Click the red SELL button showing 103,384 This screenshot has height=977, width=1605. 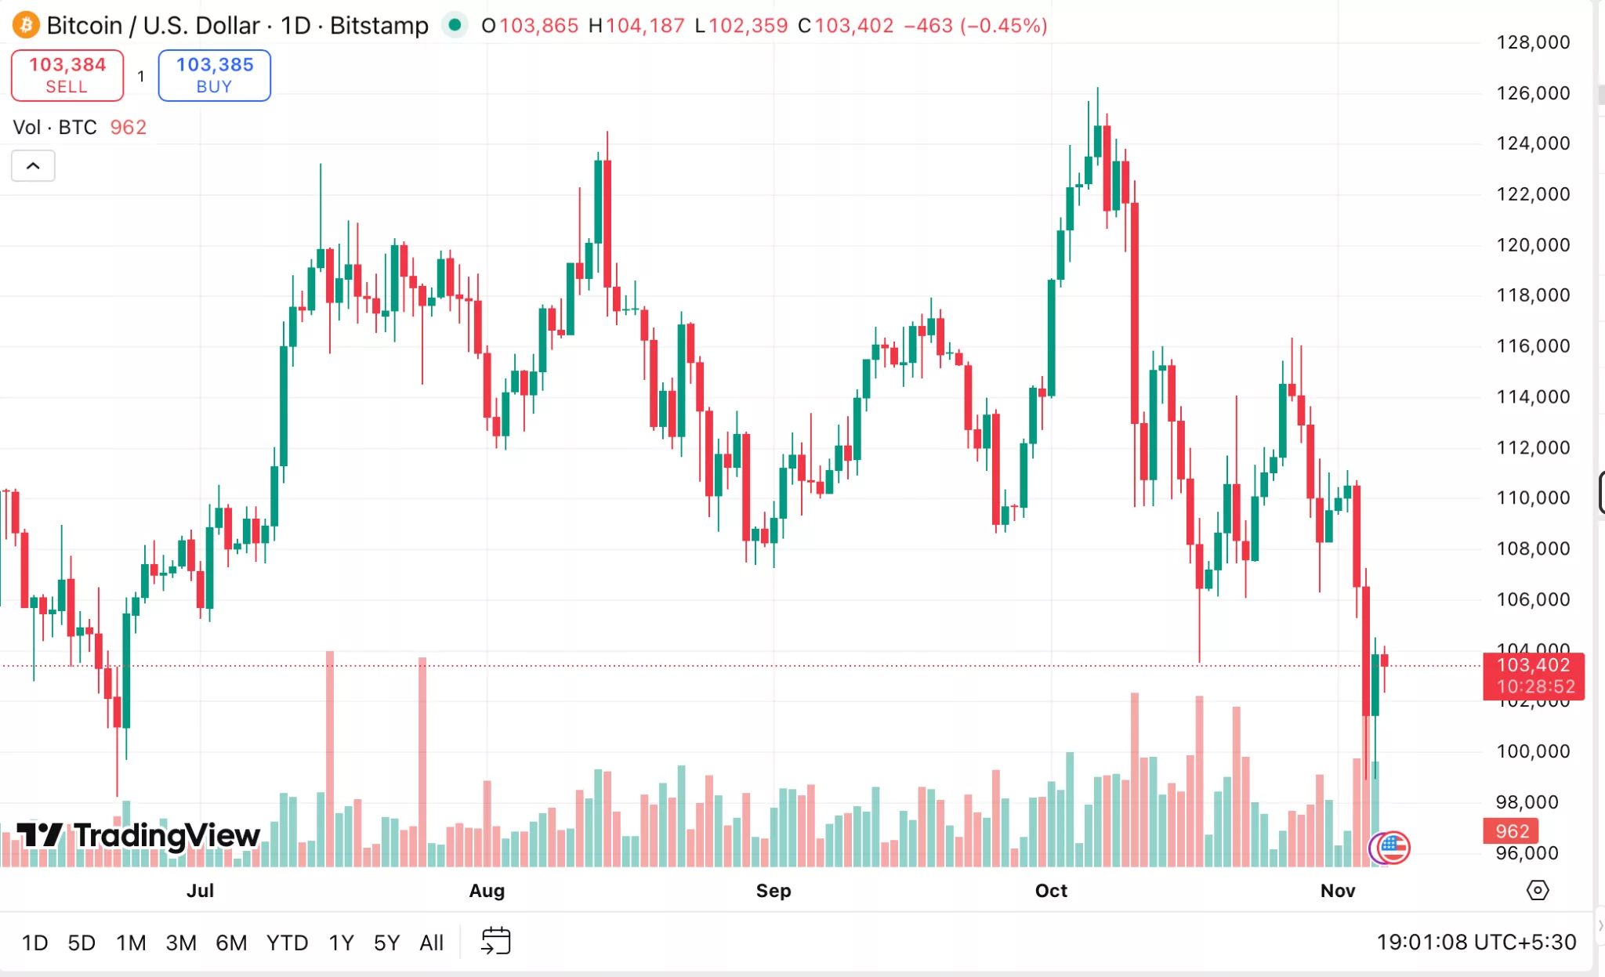[x=67, y=75]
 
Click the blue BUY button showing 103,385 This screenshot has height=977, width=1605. [x=214, y=75]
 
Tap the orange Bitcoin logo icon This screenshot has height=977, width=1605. [x=25, y=25]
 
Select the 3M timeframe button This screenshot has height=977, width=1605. [x=181, y=943]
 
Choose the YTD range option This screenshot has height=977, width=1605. [x=287, y=943]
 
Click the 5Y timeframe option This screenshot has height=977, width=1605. [x=386, y=943]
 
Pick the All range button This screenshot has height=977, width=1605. [x=431, y=943]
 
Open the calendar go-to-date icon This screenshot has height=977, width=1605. [x=495, y=941]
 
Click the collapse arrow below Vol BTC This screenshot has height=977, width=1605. [x=33, y=165]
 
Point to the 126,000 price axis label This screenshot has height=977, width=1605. [x=1533, y=93]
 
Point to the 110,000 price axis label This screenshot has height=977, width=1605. [x=1533, y=498]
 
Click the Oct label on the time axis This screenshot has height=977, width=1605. [x=1051, y=891]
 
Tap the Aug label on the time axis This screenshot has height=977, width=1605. [x=487, y=891]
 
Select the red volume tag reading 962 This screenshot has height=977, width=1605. [x=1511, y=831]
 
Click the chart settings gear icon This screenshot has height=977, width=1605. [x=1538, y=891]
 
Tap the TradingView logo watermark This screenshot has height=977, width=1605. [x=139, y=836]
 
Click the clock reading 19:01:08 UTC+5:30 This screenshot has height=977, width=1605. [x=1476, y=942]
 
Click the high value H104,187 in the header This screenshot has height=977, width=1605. [x=636, y=26]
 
